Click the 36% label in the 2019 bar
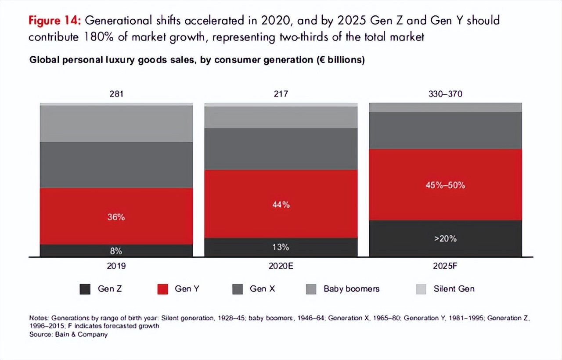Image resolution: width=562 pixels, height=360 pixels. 116,217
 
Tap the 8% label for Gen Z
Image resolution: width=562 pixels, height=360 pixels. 116,251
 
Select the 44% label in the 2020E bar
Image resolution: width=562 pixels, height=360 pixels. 281,205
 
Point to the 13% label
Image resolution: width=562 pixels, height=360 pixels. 281,247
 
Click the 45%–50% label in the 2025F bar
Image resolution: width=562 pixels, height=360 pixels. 445,185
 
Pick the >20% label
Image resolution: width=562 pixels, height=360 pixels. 445,239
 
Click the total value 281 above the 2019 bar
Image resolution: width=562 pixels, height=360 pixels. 116,94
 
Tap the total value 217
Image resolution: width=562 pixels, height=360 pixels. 281,94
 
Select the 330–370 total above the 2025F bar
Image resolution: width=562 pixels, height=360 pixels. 445,94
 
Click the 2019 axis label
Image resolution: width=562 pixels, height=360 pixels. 116,266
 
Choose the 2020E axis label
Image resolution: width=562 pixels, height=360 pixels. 281,266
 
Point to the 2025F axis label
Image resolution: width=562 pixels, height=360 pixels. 445,266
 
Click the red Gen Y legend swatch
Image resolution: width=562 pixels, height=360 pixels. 162,289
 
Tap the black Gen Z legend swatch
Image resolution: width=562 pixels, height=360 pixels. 85,289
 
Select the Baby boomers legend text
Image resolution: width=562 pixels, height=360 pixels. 351,289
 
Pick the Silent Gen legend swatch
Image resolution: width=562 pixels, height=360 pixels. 421,289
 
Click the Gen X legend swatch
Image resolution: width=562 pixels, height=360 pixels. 237,289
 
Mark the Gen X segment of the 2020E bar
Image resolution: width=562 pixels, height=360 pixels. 281,149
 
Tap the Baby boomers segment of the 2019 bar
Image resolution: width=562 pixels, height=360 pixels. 116,123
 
